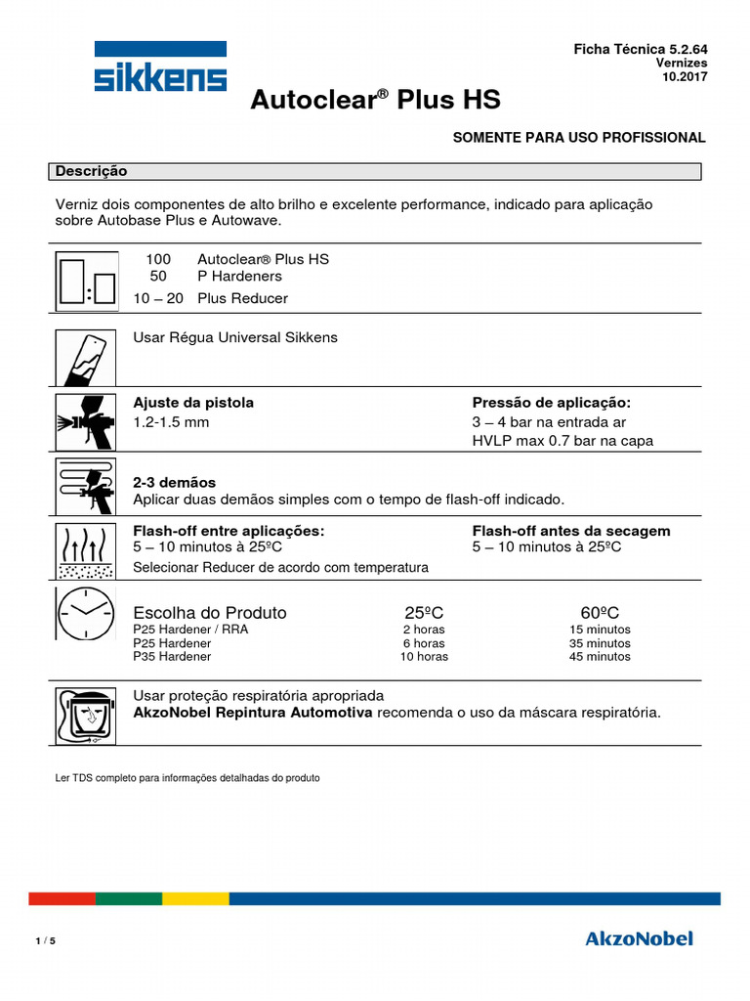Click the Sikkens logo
point(160,67)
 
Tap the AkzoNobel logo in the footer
point(639,938)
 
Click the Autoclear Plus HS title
point(376,101)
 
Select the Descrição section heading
point(92,171)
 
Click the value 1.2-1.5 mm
point(171,422)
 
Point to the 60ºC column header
point(600,613)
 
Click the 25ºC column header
point(424,613)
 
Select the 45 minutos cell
point(600,657)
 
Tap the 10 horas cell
point(424,657)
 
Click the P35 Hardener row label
point(172,657)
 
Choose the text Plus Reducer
point(242,298)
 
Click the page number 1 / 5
point(45,941)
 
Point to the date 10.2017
point(686,76)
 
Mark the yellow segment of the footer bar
point(195,898)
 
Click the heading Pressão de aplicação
point(552,403)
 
